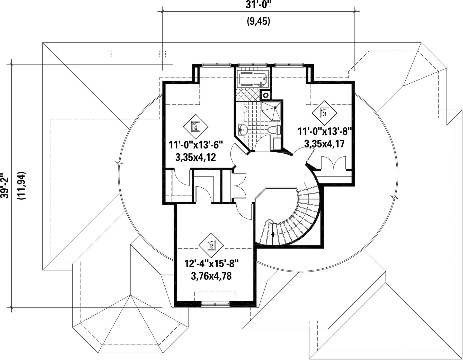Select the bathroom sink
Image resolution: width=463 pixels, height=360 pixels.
(x=243, y=129)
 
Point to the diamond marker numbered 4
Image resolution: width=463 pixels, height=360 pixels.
(x=195, y=127)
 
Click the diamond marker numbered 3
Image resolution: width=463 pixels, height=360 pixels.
(x=324, y=113)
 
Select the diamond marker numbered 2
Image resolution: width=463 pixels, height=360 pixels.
(x=211, y=245)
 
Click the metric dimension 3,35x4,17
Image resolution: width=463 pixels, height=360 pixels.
(x=324, y=144)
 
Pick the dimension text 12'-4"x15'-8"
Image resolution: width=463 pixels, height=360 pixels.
(x=211, y=264)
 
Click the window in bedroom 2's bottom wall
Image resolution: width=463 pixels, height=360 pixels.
(x=215, y=304)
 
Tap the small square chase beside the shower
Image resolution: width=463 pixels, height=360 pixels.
(x=265, y=95)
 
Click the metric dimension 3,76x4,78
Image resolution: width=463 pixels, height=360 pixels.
(x=211, y=276)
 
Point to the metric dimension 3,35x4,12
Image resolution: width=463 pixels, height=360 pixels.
(x=195, y=157)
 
